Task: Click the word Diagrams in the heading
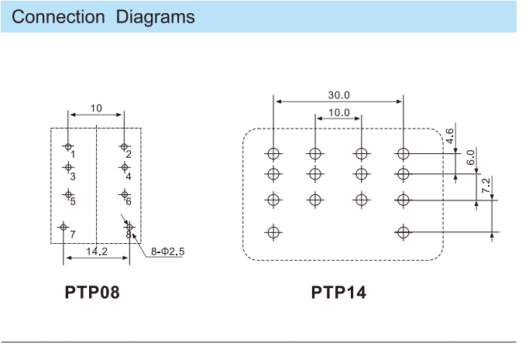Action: (155, 17)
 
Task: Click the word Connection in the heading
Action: (58, 17)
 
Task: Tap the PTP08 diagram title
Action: (92, 292)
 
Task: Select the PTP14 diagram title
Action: (338, 292)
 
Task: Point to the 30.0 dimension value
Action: (338, 95)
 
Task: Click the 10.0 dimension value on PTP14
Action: (338, 112)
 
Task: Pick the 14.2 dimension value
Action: (97, 252)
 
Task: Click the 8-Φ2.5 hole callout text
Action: (167, 252)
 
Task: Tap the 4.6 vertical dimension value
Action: (450, 135)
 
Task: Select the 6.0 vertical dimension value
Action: (471, 157)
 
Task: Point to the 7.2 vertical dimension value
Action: (486, 186)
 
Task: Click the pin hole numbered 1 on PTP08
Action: (68, 146)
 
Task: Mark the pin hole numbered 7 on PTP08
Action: (63, 227)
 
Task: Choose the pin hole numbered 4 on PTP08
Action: (125, 167)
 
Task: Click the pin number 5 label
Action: (73, 201)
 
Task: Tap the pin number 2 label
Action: (129, 154)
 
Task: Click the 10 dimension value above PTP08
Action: (96, 108)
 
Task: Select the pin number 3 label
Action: (73, 177)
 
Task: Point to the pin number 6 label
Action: (129, 201)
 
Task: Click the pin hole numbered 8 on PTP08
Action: (129, 227)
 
